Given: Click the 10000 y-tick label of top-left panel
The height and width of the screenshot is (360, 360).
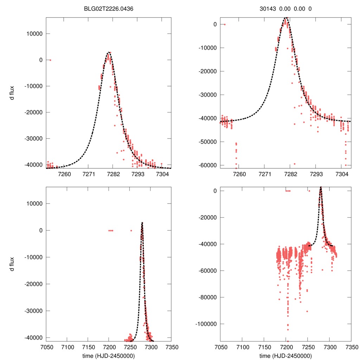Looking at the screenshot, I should click(x=35, y=34).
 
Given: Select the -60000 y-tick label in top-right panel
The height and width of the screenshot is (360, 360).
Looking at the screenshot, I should click(x=208, y=165).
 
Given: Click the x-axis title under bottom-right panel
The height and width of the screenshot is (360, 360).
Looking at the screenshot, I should click(x=285, y=355).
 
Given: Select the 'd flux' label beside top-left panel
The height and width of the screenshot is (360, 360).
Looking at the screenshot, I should click(x=12, y=93).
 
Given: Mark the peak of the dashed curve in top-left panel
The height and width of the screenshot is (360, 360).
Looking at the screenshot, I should click(x=109, y=52).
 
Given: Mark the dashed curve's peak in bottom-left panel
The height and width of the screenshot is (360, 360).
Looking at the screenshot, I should click(x=142, y=222).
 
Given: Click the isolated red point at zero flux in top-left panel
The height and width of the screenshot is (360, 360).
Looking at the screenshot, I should click(x=50, y=60).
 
